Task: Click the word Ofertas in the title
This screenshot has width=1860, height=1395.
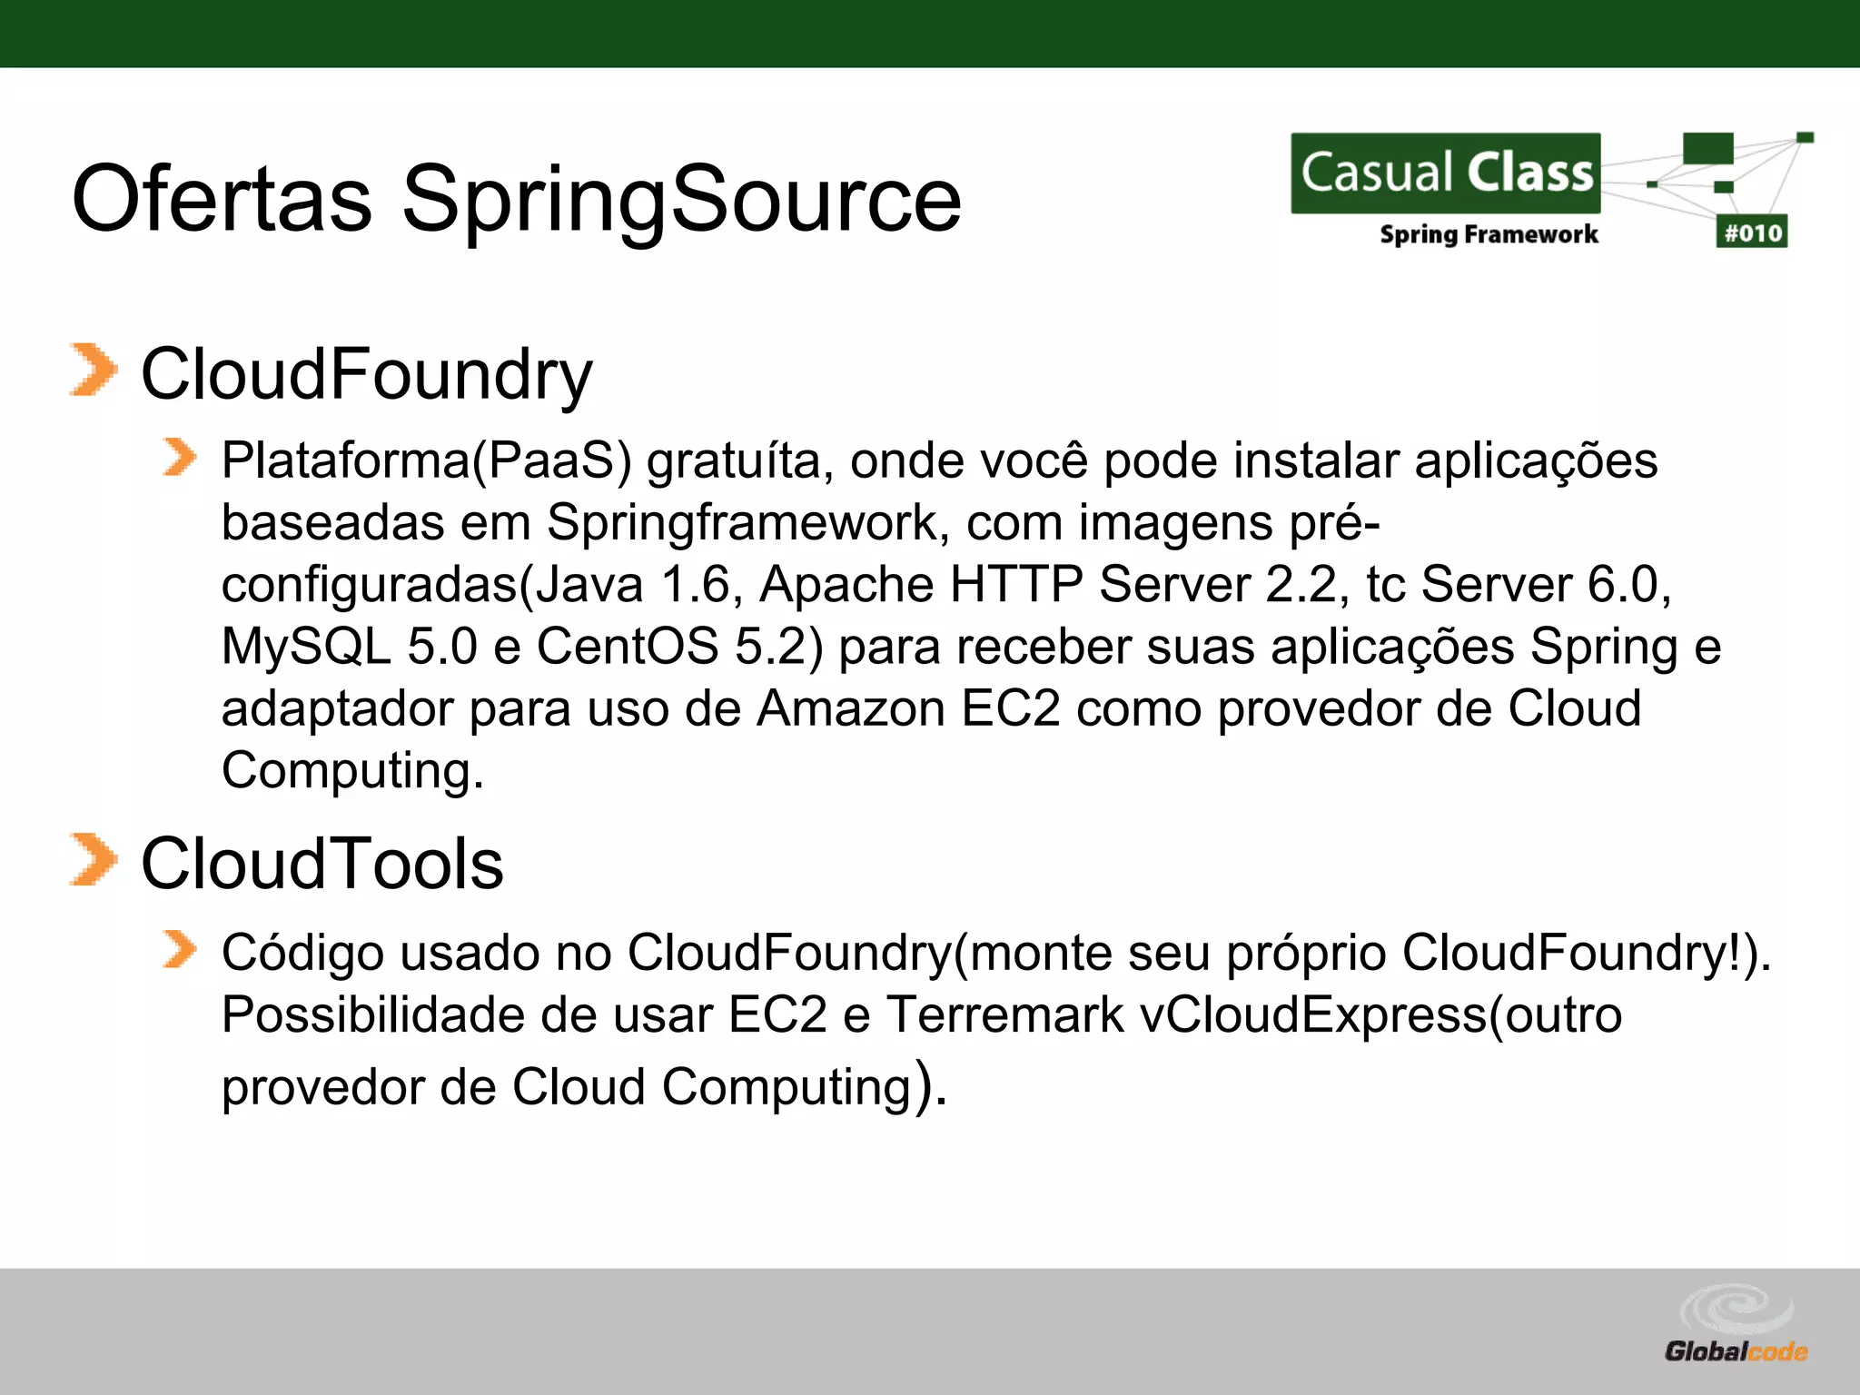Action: [222, 198]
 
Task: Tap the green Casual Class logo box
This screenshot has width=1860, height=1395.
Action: [1446, 173]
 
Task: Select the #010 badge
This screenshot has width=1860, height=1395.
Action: [1752, 232]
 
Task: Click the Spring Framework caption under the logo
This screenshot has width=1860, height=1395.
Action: [1489, 234]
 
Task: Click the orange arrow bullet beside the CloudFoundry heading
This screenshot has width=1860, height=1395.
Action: [93, 371]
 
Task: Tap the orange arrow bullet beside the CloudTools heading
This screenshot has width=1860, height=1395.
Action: [93, 859]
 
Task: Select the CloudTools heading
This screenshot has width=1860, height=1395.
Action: [322, 863]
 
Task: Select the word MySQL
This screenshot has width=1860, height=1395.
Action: [306, 647]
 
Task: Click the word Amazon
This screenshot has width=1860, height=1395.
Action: [851, 708]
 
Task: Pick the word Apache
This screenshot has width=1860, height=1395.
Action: [846, 584]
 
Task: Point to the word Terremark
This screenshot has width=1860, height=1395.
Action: [1005, 1015]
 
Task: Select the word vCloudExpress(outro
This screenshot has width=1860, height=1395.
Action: [1380, 1015]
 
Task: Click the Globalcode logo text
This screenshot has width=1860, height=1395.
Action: [1736, 1351]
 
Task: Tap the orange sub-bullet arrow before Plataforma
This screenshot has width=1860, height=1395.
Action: [179, 457]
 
